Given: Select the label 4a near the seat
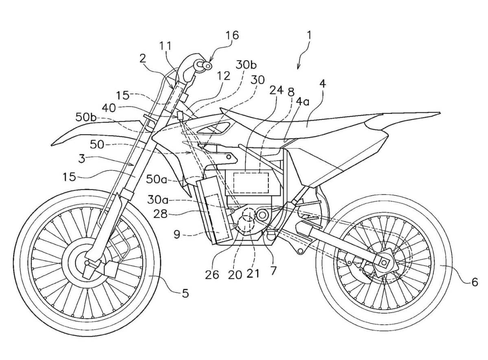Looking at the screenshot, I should (x=303, y=102).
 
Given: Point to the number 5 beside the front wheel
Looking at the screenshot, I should (x=185, y=293).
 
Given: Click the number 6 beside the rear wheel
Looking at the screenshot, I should (x=475, y=282).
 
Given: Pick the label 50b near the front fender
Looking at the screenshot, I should (x=86, y=118).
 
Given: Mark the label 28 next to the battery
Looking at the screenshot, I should (x=161, y=214).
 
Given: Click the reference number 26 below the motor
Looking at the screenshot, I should (x=212, y=275).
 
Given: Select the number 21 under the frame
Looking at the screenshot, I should (x=253, y=274).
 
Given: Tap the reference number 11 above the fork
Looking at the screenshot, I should (x=166, y=46).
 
